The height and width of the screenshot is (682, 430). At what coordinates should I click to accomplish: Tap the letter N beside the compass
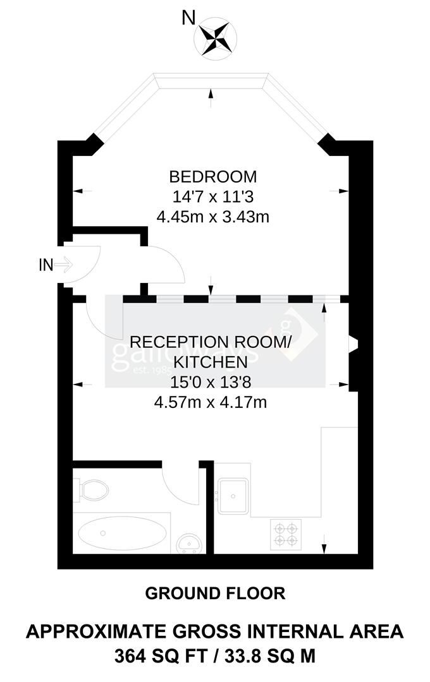tap(188, 19)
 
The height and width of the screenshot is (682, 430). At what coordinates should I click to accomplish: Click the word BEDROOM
tap(212, 176)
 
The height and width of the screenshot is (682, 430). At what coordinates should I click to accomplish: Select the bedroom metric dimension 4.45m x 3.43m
tap(213, 217)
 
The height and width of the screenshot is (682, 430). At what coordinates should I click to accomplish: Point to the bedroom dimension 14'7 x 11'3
tap(212, 196)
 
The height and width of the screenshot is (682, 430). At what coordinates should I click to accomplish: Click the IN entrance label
tap(46, 265)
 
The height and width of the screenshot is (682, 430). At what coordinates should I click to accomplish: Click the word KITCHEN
tap(210, 362)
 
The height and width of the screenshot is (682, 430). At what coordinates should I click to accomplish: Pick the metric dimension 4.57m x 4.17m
tap(210, 402)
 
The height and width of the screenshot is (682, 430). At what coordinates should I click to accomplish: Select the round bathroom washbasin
tap(187, 542)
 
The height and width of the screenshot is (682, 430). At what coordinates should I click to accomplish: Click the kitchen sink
tap(235, 495)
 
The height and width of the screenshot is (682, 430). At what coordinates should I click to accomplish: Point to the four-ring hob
tap(285, 532)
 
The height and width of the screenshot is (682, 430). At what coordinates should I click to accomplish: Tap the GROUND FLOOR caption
tap(215, 594)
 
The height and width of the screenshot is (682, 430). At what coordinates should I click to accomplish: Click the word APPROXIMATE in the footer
tap(107, 631)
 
